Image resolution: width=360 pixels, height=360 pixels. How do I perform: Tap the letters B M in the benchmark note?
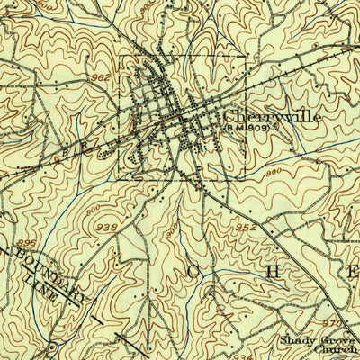pos(231,127)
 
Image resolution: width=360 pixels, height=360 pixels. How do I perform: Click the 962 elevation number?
pos(101,78)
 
